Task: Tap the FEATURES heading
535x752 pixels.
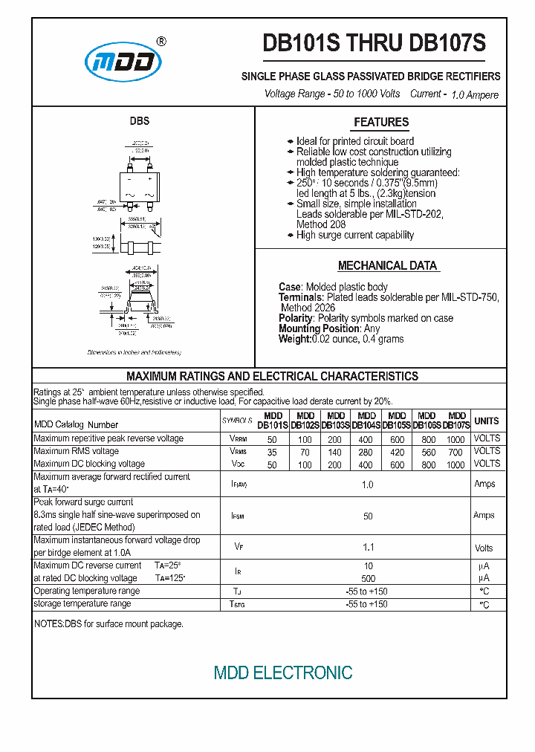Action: click(381, 123)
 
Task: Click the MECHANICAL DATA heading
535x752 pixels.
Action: click(387, 266)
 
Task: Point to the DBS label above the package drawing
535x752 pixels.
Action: click(140, 121)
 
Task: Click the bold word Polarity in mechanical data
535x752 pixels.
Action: click(296, 318)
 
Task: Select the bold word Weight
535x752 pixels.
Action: click(294, 339)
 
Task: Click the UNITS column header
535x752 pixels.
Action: click(487, 421)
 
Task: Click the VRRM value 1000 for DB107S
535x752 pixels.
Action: click(455, 439)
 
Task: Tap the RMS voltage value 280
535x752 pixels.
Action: click(366, 452)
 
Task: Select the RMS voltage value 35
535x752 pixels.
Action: click(272, 452)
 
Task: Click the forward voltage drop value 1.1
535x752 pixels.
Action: click(368, 548)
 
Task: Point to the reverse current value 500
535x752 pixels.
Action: click(368, 578)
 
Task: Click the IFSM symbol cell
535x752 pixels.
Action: click(238, 515)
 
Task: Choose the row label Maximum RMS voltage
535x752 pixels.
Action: click(76, 451)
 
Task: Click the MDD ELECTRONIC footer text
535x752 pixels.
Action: click(283, 673)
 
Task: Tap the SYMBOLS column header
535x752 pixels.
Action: click(238, 421)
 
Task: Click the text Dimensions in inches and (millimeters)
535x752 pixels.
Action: click(134, 352)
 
